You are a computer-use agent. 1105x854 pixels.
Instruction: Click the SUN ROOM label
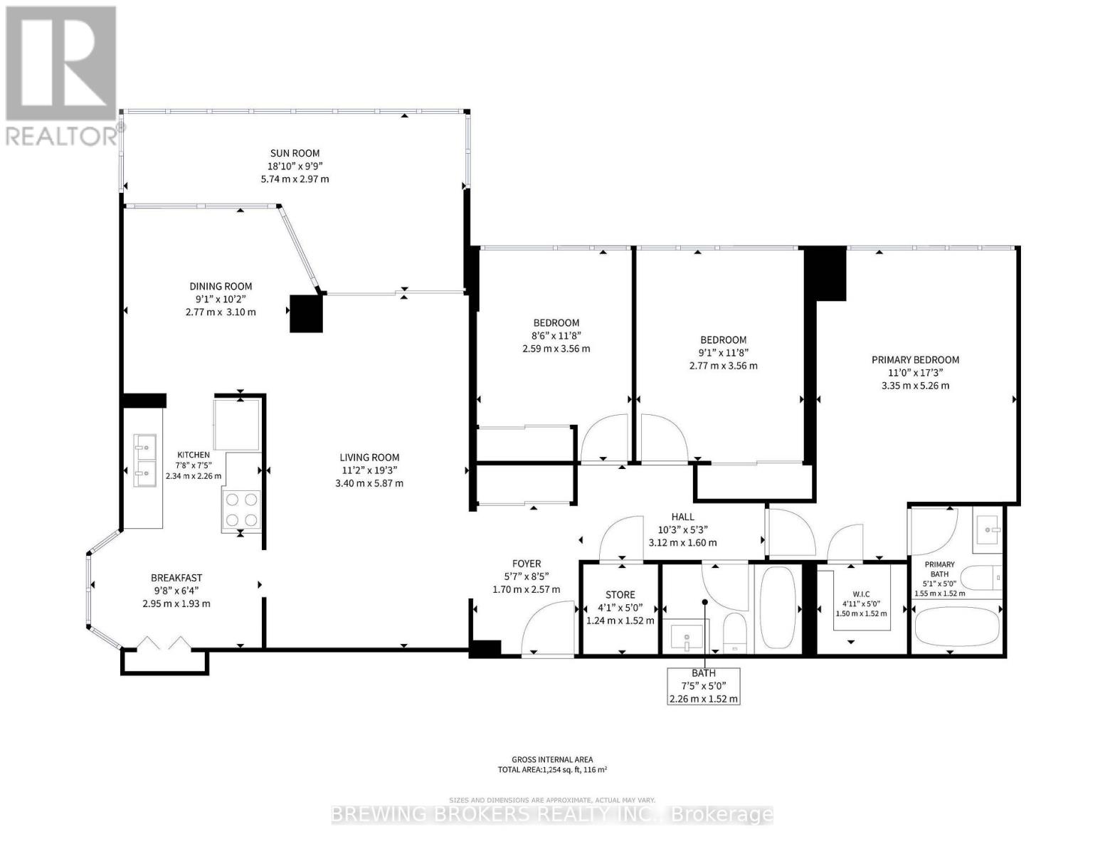click(295, 153)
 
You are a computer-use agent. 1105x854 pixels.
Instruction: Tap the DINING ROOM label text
click(221, 286)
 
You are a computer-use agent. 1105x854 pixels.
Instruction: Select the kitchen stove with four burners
click(241, 509)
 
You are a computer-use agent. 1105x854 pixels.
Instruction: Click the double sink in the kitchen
click(145, 460)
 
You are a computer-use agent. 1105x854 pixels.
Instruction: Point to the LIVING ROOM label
click(369, 458)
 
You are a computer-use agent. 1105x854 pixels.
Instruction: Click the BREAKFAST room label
click(176, 578)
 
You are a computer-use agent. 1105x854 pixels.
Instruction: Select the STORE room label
click(620, 594)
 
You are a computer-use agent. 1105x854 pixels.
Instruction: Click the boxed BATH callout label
click(703, 686)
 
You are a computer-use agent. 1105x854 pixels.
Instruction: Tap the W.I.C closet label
click(861, 594)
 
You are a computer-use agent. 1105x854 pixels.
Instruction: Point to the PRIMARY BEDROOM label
click(915, 360)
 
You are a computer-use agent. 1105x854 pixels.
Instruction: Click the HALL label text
click(682, 517)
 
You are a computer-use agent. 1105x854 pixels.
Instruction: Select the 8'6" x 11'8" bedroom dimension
click(556, 336)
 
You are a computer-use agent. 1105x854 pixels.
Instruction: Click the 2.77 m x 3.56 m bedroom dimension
click(723, 366)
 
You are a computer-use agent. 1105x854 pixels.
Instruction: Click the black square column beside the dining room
click(306, 313)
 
